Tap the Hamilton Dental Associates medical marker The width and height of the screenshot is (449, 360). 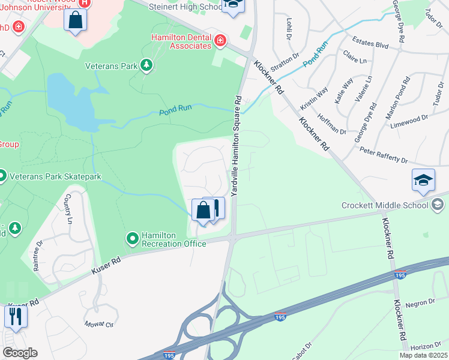coord(220,41)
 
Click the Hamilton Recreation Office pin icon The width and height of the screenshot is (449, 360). coord(132,239)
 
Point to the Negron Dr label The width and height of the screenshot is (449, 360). coord(423,302)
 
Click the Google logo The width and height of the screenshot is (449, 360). coord(20,353)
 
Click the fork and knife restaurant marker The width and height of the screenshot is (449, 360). coord(16,316)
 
